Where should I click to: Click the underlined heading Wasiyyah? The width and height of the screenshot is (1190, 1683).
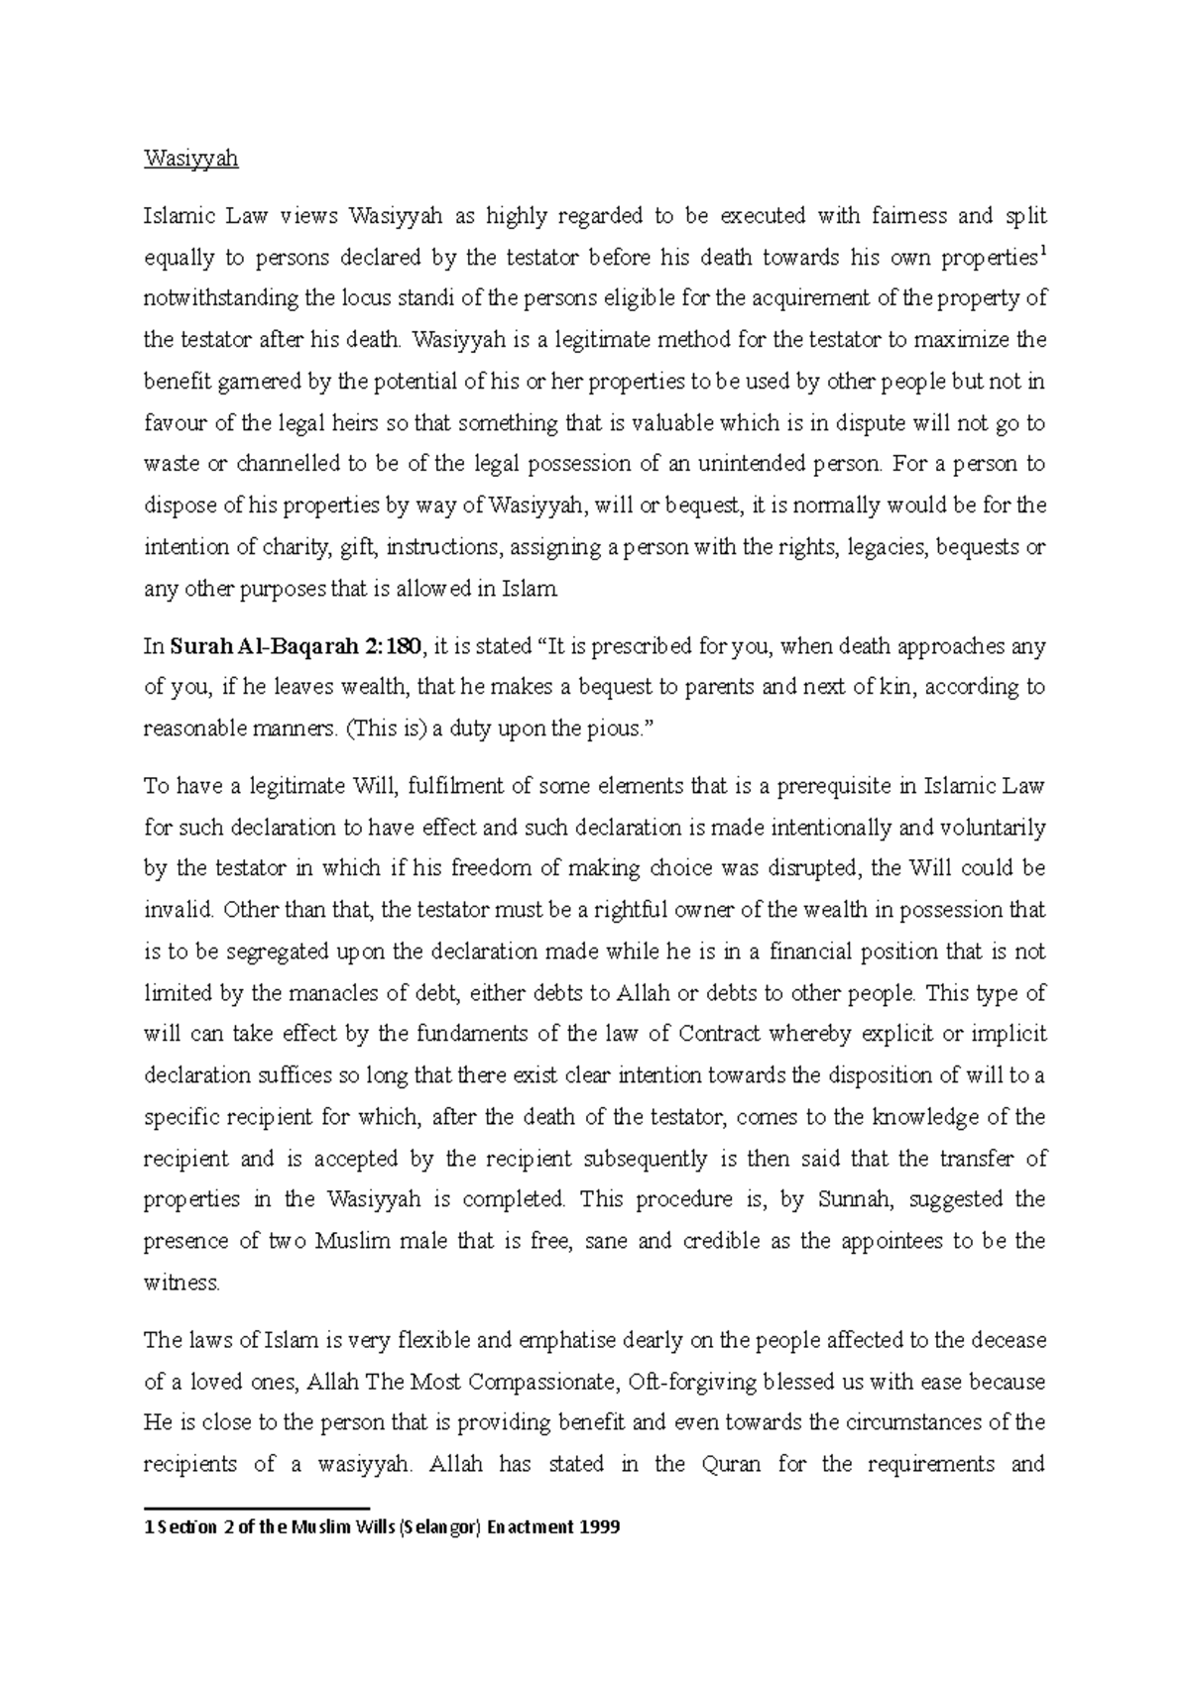click(x=191, y=159)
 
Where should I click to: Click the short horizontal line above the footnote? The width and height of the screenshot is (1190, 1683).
click(x=257, y=1508)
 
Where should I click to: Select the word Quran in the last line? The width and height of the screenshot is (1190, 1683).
click(x=730, y=1464)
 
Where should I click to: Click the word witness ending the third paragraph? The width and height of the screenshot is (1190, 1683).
click(x=181, y=1283)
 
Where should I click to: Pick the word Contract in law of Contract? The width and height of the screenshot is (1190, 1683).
click(x=719, y=1034)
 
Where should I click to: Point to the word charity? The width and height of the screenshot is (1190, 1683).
click(x=298, y=547)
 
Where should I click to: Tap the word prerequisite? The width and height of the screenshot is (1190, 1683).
click(x=833, y=786)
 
